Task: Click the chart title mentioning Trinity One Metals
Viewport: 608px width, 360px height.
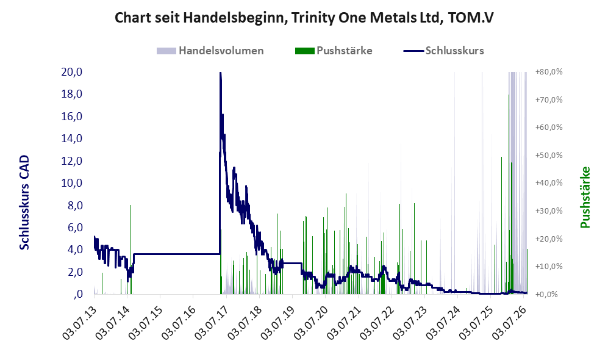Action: pyautogui.click(x=304, y=18)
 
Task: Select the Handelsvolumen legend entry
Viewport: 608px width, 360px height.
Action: pyautogui.click(x=210, y=51)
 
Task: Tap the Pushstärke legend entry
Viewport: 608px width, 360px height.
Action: pyautogui.click(x=334, y=51)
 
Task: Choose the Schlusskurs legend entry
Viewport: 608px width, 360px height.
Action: pyautogui.click(x=443, y=51)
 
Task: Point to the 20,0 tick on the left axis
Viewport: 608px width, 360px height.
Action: pyautogui.click(x=72, y=72)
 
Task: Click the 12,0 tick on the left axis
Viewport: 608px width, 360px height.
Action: pyautogui.click(x=72, y=160)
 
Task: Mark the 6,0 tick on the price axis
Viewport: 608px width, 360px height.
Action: pyautogui.click(x=75, y=228)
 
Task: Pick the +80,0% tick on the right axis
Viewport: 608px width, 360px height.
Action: pyautogui.click(x=549, y=72)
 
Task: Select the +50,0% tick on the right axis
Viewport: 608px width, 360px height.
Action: pyautogui.click(x=549, y=155)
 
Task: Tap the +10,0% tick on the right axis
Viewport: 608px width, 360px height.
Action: pyautogui.click(x=549, y=267)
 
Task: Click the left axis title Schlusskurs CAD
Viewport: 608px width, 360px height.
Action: pyautogui.click(x=24, y=203)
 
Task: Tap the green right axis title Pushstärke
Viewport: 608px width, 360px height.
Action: pyautogui.click(x=585, y=197)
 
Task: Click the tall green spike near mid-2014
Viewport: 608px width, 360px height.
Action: pyautogui.click(x=131, y=250)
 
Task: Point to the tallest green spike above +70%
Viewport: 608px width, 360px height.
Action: pyautogui.click(x=509, y=194)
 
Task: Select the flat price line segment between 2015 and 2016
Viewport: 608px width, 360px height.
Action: pyautogui.click(x=177, y=254)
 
